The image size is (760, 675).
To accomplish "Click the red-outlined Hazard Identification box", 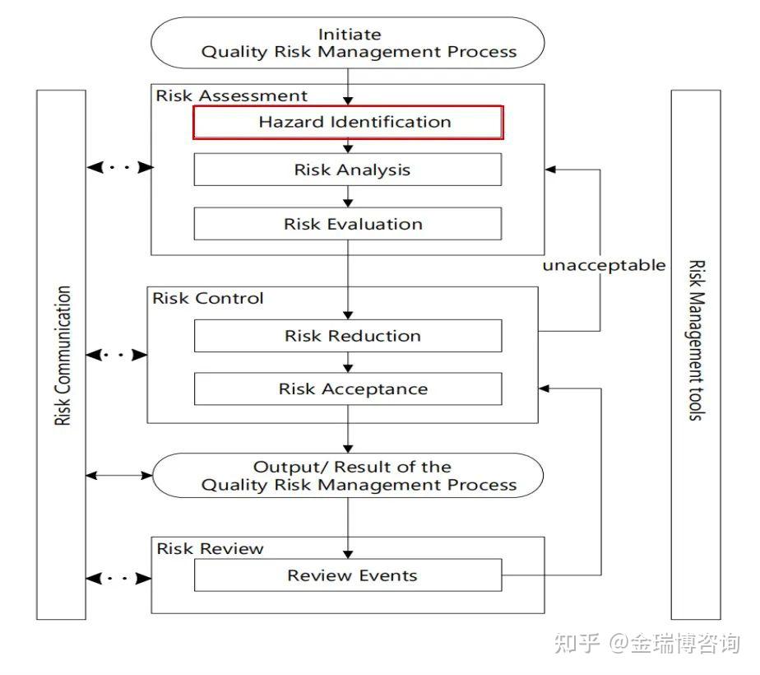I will (348, 123).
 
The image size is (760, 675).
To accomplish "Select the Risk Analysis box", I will (348, 170).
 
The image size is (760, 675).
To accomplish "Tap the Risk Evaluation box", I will (348, 224).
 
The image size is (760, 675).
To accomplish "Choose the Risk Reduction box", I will (348, 336).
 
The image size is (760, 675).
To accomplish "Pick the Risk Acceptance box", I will (348, 389).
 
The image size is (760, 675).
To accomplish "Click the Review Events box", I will (348, 575).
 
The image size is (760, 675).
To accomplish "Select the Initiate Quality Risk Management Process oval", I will (348, 43).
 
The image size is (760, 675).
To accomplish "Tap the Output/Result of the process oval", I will (348, 476).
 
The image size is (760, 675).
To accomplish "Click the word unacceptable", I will (604, 266).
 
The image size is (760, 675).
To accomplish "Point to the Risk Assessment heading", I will (231, 95).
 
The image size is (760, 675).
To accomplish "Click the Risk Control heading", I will (208, 298).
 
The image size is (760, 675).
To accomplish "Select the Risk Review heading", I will (210, 548).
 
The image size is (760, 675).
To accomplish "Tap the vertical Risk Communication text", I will (63, 356).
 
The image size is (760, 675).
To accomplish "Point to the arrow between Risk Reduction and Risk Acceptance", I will (348, 362).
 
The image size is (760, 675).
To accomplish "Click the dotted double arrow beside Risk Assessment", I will (119, 167).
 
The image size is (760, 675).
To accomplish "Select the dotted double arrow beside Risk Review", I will (119, 578).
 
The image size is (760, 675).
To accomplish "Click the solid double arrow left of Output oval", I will (119, 476).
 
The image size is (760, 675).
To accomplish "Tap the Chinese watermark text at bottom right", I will (647, 644).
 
